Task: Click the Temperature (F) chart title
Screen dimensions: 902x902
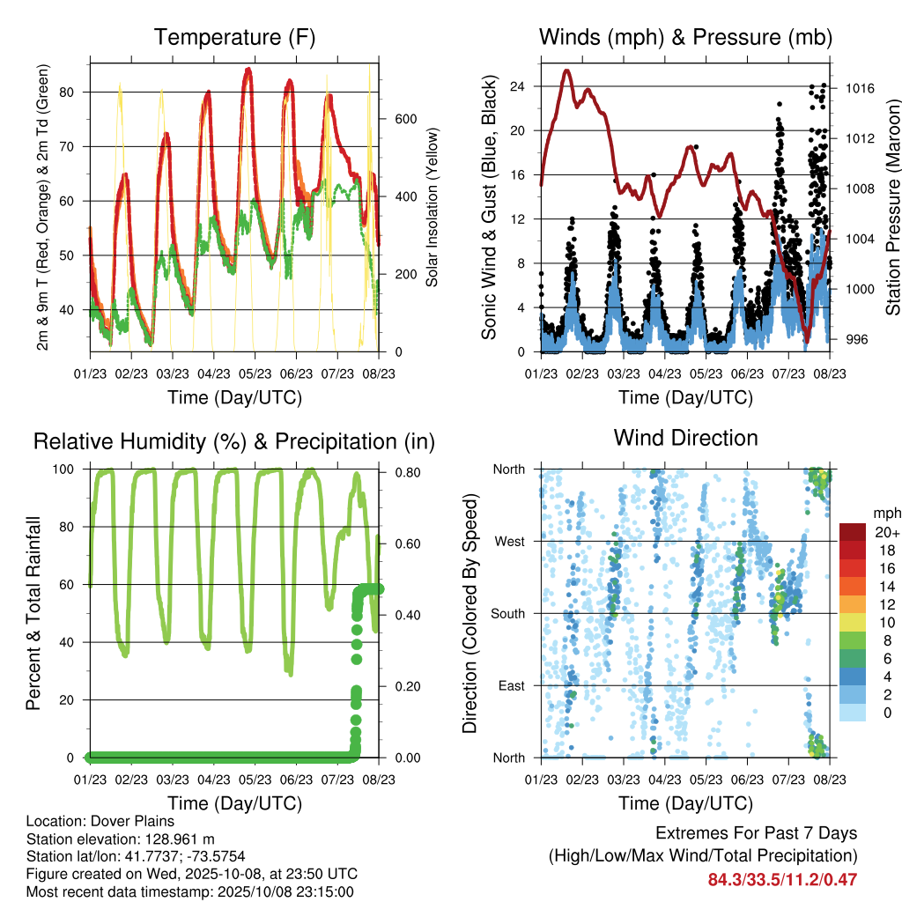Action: (x=234, y=38)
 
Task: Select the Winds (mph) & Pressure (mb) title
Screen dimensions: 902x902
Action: (x=685, y=38)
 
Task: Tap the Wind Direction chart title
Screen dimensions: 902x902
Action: (x=685, y=438)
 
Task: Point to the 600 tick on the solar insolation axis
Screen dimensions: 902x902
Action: (x=404, y=118)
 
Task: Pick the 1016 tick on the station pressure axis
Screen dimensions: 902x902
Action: (x=859, y=88)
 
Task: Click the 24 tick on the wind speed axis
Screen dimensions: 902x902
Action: (x=517, y=86)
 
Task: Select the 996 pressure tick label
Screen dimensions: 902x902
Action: (x=854, y=339)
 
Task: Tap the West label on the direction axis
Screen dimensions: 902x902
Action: (x=508, y=541)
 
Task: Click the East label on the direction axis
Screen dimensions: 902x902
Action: (x=510, y=685)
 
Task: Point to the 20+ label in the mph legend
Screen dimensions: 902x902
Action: (x=886, y=533)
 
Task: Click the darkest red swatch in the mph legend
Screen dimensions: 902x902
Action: (x=853, y=533)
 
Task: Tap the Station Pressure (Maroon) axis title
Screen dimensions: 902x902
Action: (x=892, y=208)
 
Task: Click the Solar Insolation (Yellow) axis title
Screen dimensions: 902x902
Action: (x=433, y=208)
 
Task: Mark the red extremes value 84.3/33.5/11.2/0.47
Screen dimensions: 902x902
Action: (x=782, y=879)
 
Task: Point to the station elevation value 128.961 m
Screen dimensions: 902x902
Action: (x=175, y=839)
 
